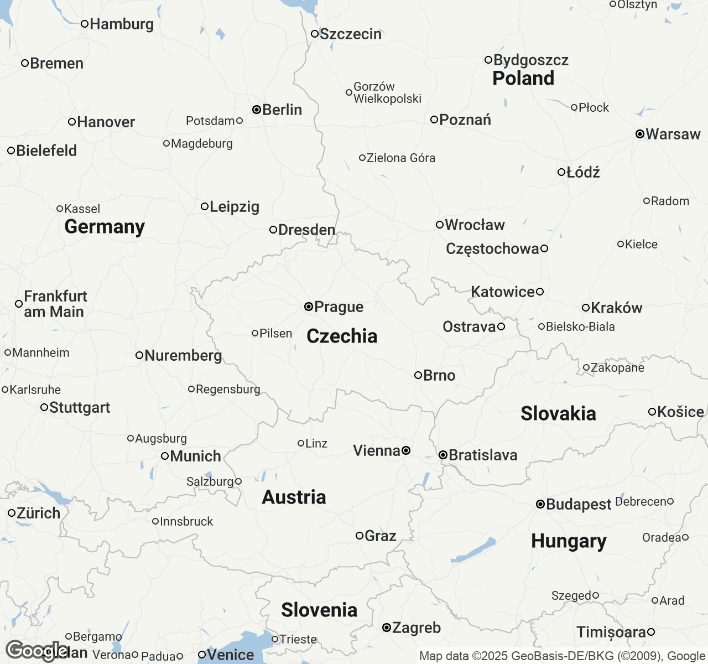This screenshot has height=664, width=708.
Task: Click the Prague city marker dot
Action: click(309, 307)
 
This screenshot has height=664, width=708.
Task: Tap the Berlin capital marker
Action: click(257, 110)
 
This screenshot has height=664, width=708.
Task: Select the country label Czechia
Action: click(342, 336)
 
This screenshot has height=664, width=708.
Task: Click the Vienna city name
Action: click(376, 450)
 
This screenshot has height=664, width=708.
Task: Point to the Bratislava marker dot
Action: click(443, 455)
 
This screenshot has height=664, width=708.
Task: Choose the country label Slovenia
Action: click(319, 610)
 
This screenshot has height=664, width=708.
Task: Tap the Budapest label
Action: click(579, 504)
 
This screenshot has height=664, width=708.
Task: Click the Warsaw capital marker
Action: click(640, 134)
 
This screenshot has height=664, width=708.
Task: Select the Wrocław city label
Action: click(475, 225)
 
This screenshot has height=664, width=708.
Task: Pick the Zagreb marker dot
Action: click(387, 627)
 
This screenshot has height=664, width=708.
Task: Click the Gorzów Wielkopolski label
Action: click(387, 92)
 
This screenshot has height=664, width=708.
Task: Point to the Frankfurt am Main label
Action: click(55, 304)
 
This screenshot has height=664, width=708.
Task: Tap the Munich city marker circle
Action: click(164, 456)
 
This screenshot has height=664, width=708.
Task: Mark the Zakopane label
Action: click(617, 367)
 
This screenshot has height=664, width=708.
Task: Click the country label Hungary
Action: click(569, 541)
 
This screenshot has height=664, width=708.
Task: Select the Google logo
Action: click(36, 651)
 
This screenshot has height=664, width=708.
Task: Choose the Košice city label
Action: click(680, 412)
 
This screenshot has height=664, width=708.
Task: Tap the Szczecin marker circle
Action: click(315, 34)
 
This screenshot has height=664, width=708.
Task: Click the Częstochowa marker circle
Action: click(544, 248)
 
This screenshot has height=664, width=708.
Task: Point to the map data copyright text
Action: click(562, 656)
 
